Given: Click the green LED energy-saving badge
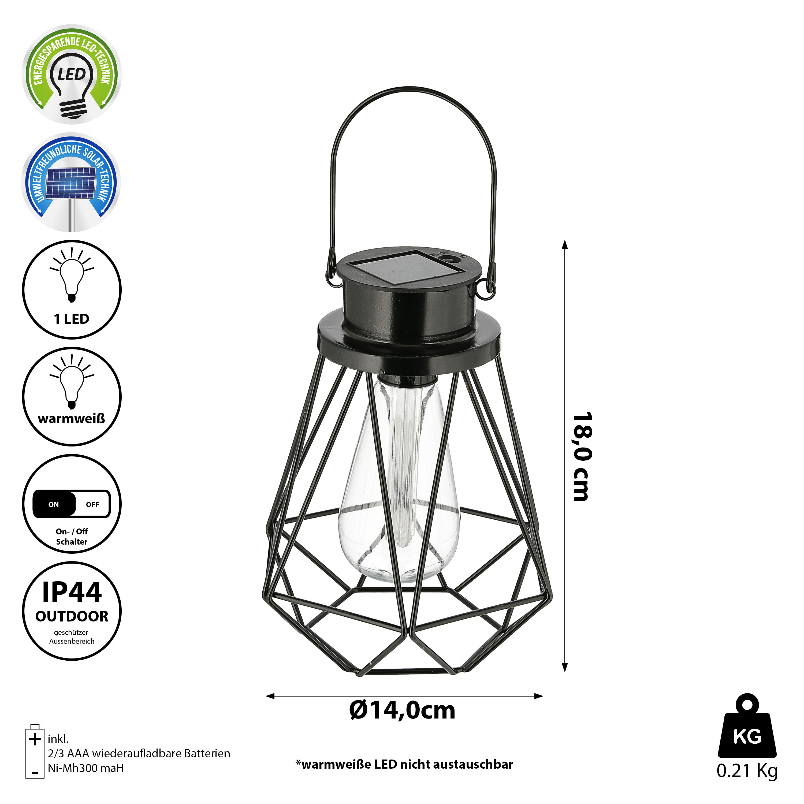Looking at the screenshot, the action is coord(72,74).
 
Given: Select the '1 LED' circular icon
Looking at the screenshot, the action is coord(72,290).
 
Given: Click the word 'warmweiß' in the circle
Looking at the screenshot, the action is coord(72,418).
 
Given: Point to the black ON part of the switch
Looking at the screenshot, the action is coord(54,504).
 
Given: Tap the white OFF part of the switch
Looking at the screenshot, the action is coord(93,504).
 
